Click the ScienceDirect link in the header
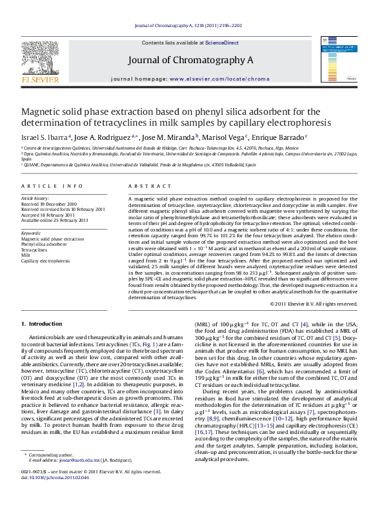coord(221,43)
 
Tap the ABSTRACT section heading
coord(141,186)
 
